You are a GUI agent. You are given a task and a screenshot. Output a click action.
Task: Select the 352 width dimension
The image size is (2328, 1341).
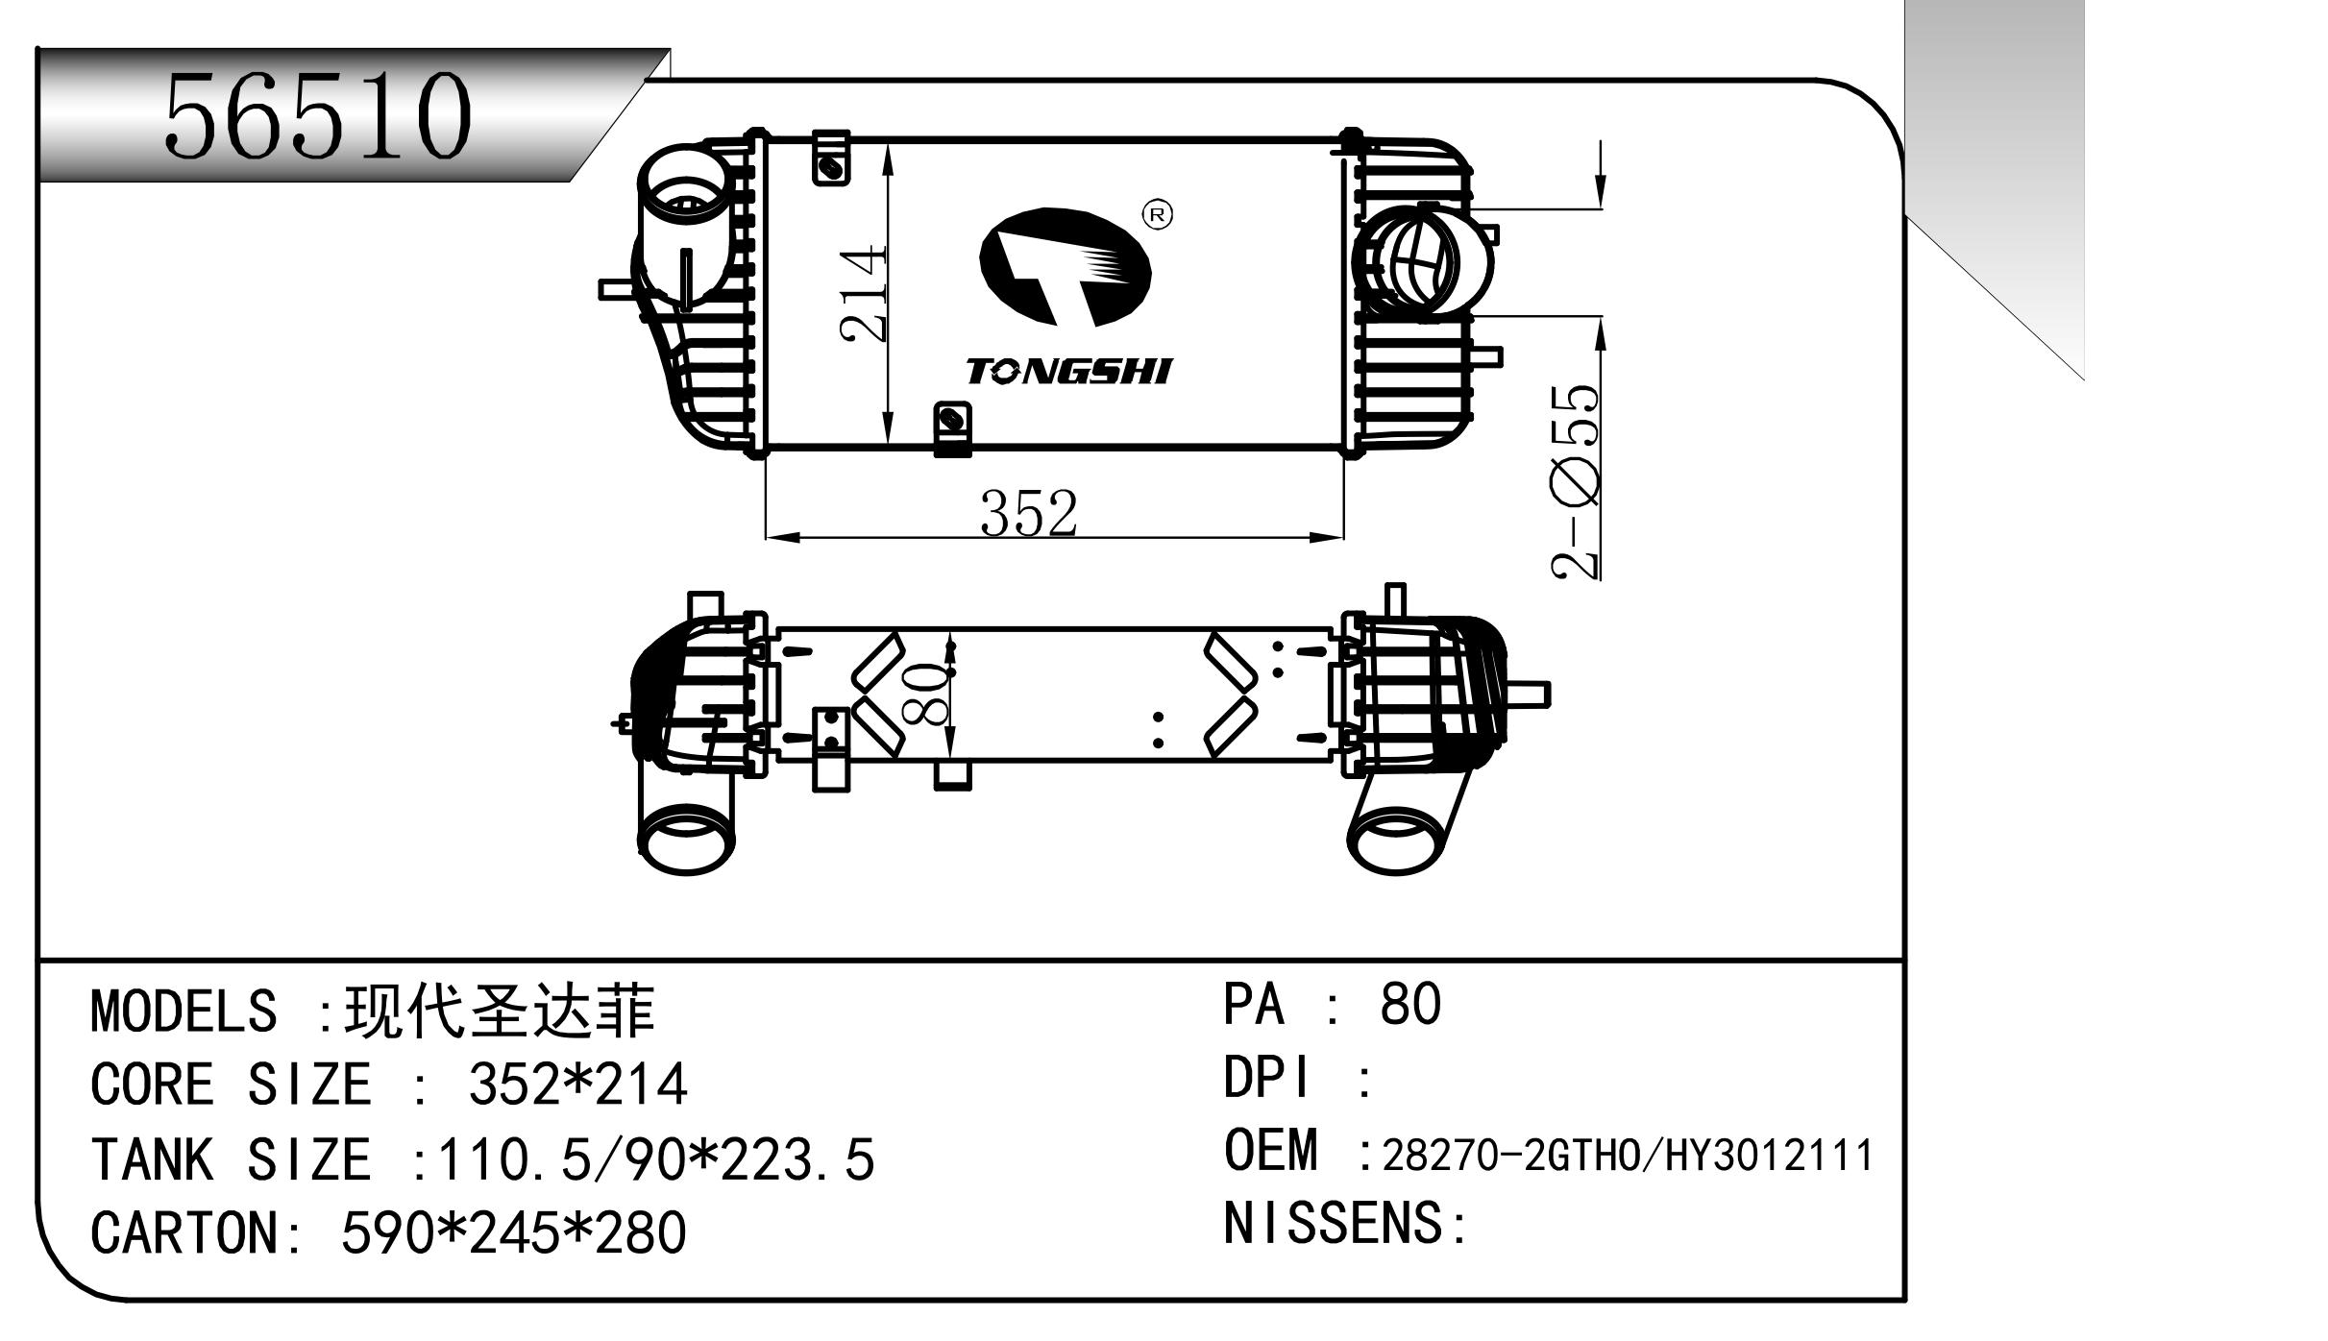1028,513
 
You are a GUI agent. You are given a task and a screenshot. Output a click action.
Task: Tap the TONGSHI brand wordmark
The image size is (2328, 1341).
1068,371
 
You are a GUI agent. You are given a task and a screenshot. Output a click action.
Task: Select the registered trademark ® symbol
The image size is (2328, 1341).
1157,215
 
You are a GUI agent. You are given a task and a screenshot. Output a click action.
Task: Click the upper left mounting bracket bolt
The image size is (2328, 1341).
829,169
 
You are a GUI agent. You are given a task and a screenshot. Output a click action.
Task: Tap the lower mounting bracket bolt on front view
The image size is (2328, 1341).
951,419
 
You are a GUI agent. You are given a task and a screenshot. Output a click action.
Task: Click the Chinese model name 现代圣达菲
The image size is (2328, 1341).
500,1011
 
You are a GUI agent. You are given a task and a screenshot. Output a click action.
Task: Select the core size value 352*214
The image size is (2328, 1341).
577,1085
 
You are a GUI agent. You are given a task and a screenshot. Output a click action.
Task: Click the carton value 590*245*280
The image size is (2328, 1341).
514,1232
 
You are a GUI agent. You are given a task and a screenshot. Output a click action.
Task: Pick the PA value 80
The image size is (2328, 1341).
1409,1005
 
